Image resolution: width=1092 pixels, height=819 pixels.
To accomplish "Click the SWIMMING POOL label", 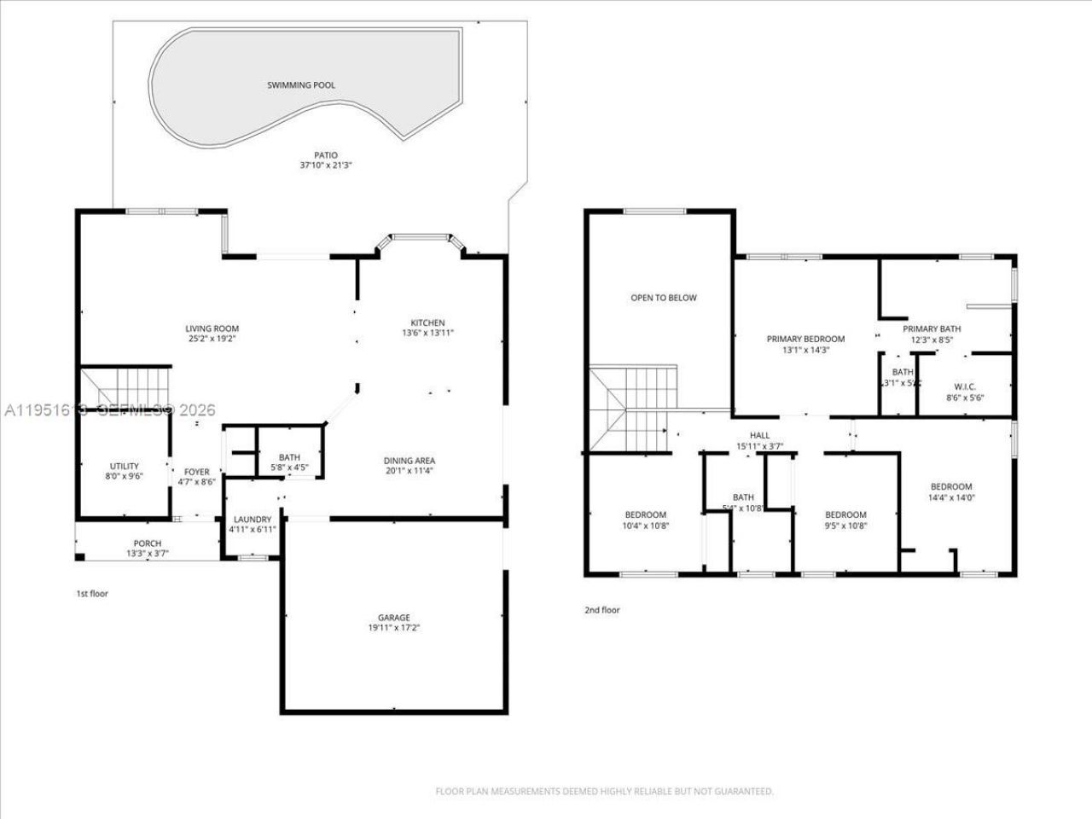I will pyautogui.click(x=301, y=85).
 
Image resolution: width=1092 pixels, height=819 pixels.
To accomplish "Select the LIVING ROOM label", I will pyautogui.click(x=212, y=328).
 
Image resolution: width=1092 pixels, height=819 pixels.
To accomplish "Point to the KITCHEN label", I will pyautogui.click(x=427, y=322).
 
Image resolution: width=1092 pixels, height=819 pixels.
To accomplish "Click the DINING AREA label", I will pyautogui.click(x=409, y=461).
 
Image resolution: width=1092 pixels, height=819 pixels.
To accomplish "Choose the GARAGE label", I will pyautogui.click(x=394, y=618).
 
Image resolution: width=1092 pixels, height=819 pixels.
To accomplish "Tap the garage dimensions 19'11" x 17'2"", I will pyautogui.click(x=394, y=628).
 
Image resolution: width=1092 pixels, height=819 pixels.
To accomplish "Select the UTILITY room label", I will pyautogui.click(x=124, y=467).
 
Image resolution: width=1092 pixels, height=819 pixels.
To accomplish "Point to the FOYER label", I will pyautogui.click(x=197, y=472).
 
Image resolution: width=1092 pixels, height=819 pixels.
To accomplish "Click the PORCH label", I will pyautogui.click(x=148, y=543).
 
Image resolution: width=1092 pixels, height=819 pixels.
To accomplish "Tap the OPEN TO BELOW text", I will pyautogui.click(x=663, y=298).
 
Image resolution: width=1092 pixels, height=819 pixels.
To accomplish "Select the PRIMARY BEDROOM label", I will pyautogui.click(x=805, y=339).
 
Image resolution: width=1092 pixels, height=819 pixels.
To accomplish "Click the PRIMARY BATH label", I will pyautogui.click(x=932, y=328).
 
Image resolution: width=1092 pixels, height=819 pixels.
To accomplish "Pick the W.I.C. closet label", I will pyautogui.click(x=961, y=387).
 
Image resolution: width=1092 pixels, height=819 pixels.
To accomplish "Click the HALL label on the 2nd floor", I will pyautogui.click(x=759, y=435).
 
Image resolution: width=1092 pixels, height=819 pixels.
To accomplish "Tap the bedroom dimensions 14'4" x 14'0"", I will pyautogui.click(x=950, y=497).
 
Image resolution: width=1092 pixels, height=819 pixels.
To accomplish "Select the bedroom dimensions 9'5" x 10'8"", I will pyautogui.click(x=845, y=526).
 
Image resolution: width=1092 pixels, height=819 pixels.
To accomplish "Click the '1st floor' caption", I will pyautogui.click(x=92, y=593).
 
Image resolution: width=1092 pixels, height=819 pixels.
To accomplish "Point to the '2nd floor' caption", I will pyautogui.click(x=601, y=610).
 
